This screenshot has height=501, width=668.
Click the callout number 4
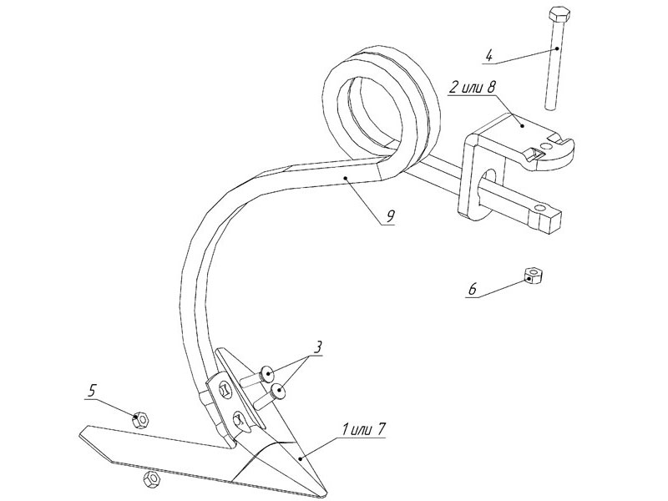(488, 56)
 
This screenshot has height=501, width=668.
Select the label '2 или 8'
(473, 89)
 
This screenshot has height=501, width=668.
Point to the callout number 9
(389, 216)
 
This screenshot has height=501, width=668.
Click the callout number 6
(473, 290)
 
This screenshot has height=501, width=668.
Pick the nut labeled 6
(534, 275)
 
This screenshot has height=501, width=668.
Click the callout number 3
(317, 347)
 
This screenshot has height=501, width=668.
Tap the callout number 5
(92, 390)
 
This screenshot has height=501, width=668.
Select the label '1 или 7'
(363, 430)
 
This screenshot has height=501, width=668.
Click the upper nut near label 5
(140, 420)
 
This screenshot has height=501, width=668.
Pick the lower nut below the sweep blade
(152, 479)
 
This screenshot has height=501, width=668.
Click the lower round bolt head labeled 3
(279, 392)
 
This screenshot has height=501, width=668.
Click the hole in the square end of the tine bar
(540, 207)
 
